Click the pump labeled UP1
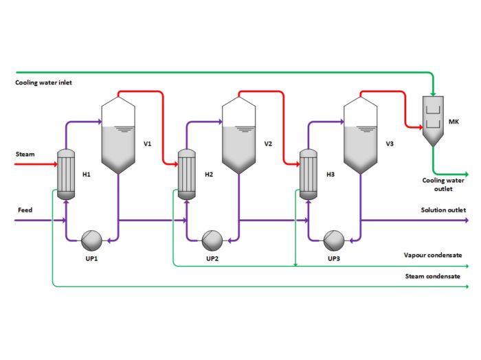pos(91,239)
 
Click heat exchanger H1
pos(65,175)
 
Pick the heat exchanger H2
pos(186,175)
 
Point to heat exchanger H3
pos(308,175)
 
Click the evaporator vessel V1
pos(118,137)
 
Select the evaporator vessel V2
pos(240,137)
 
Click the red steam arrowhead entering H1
pos(52,165)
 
